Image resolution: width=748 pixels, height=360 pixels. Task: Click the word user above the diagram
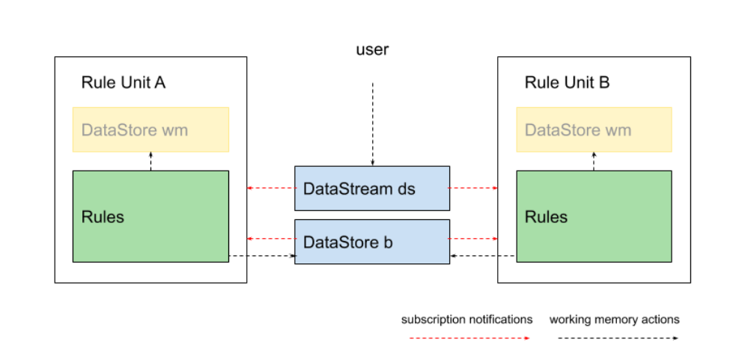pyautogui.click(x=372, y=51)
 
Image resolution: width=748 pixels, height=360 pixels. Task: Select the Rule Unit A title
pyautogui.click(x=123, y=82)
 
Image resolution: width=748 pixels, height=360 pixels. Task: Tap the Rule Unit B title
pyautogui.click(x=567, y=82)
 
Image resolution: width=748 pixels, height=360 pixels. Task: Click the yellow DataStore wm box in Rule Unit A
pyautogui.click(x=150, y=129)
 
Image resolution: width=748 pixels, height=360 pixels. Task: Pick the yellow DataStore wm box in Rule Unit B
pyautogui.click(x=594, y=129)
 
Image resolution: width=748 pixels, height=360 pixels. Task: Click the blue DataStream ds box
pyautogui.click(x=372, y=188)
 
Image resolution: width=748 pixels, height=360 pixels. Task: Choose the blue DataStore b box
pyautogui.click(x=372, y=242)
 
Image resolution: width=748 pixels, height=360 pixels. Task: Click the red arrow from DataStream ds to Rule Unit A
pyautogui.click(x=270, y=188)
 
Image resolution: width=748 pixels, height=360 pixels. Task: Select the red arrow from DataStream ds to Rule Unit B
pyautogui.click(x=474, y=188)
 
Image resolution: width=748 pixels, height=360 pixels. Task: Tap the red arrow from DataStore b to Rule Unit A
pyautogui.click(x=270, y=239)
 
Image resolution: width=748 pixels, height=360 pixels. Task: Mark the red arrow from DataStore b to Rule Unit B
pyautogui.click(x=474, y=239)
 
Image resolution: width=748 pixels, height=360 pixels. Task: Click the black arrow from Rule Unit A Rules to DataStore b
pyautogui.click(x=262, y=256)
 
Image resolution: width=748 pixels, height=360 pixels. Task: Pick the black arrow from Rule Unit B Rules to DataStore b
pyautogui.click(x=483, y=256)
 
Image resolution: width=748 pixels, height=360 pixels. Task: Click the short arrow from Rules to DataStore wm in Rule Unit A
pyautogui.click(x=150, y=161)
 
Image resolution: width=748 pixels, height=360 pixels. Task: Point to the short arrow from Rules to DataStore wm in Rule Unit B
pyautogui.click(x=594, y=161)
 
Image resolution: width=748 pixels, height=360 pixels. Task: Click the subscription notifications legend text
pyautogui.click(x=466, y=320)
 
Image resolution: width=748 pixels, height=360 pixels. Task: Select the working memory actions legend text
pyautogui.click(x=614, y=320)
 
